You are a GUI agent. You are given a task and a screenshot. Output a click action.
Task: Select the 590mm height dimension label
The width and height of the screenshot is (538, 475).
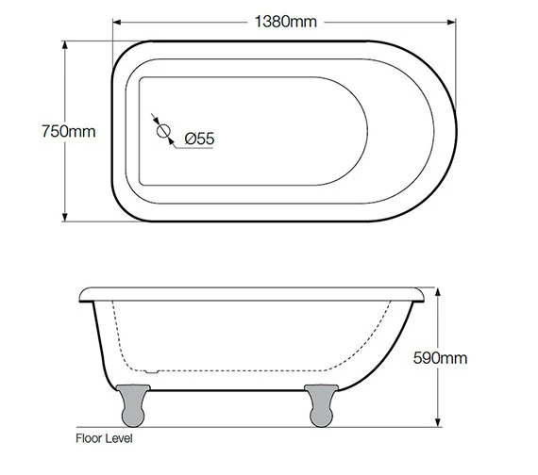442,358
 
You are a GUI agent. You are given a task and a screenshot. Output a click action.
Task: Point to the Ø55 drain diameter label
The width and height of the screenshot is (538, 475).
200,139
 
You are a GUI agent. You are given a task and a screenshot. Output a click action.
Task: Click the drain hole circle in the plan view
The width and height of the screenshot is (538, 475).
161,130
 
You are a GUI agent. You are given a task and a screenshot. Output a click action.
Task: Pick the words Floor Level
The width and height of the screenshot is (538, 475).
104,438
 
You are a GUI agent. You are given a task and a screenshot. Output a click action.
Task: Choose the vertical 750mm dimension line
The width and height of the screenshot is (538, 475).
65,179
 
